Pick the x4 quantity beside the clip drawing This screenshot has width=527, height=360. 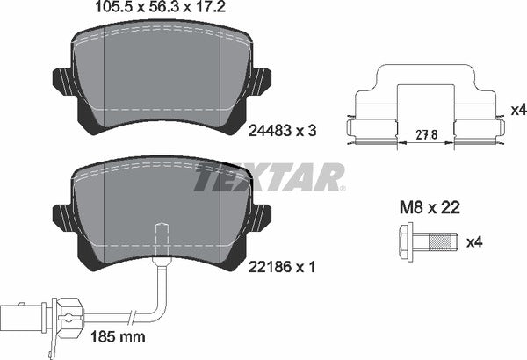tap(517, 110)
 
